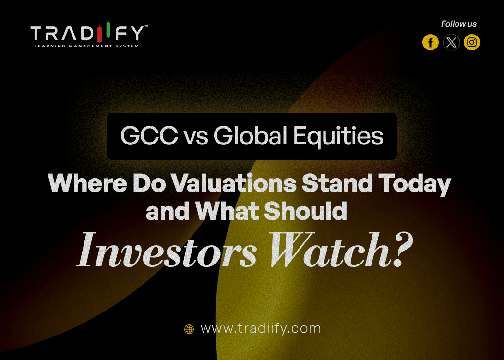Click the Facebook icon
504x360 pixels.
(x=430, y=43)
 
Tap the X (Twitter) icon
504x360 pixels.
(x=451, y=43)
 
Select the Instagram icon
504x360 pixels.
(x=472, y=43)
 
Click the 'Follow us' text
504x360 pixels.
(x=458, y=24)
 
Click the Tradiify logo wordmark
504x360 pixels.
(x=88, y=33)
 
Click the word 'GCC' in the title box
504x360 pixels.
(x=144, y=136)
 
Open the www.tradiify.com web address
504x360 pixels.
(x=260, y=329)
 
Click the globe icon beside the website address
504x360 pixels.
(x=189, y=329)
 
